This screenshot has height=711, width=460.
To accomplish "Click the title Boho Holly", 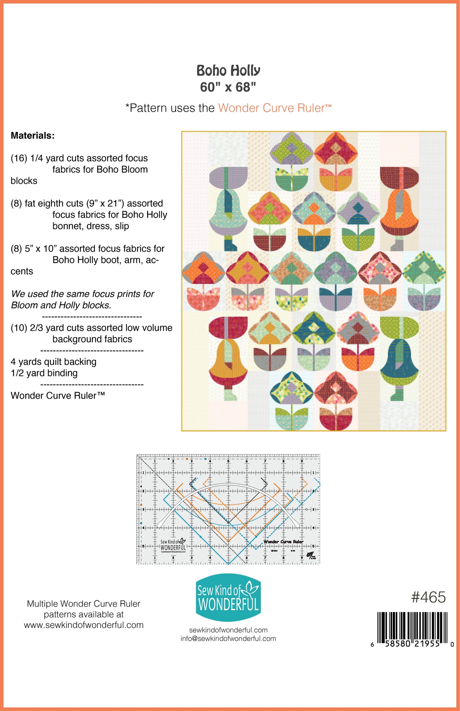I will click(228, 71).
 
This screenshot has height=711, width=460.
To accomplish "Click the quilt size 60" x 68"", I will click(228, 87).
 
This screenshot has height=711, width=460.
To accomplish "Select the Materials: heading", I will click(33, 136).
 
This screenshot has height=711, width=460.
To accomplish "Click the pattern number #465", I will click(428, 597).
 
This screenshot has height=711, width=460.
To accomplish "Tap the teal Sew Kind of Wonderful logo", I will click(228, 598).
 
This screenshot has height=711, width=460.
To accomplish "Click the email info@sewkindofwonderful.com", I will click(228, 639).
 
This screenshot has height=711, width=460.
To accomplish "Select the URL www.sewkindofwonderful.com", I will click(84, 625).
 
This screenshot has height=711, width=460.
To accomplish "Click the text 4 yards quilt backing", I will click(54, 362).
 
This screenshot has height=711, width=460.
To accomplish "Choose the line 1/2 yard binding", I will click(44, 373).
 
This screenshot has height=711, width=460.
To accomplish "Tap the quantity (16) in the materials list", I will click(19, 158).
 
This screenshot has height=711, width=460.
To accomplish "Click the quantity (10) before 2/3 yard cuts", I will click(19, 328).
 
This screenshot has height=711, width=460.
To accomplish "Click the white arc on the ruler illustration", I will click(228, 485).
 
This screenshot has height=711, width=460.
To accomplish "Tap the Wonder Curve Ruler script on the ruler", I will click(283, 542).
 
